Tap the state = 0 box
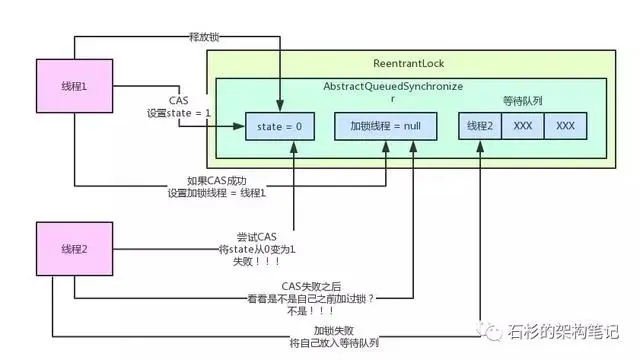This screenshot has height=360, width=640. (x=280, y=127)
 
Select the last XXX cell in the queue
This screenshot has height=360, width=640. (x=565, y=127)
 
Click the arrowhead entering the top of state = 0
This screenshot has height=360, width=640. (x=280, y=109)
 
